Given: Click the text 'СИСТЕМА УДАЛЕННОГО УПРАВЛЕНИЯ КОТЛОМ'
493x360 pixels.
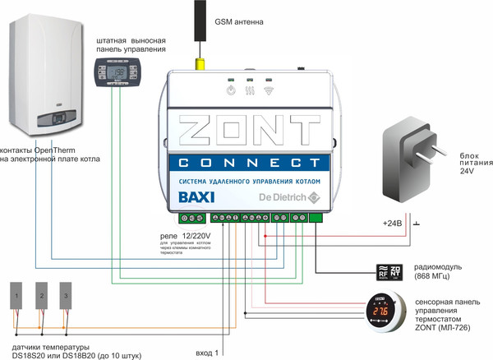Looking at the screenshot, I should tap(246, 179).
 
